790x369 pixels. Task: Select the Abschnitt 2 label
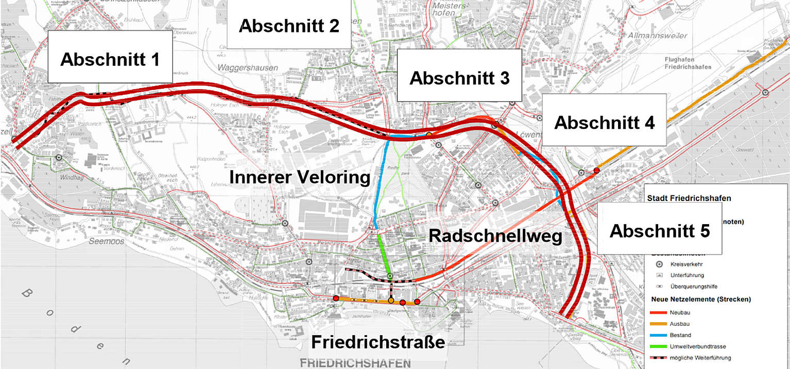[289, 25]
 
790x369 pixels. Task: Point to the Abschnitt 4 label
[604, 123]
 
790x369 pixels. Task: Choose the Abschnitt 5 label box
[659, 230]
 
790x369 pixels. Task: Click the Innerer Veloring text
[300, 178]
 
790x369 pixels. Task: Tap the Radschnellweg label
[495, 236]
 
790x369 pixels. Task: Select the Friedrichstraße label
[378, 342]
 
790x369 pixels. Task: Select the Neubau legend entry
[680, 313]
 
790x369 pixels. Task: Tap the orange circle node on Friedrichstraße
[391, 300]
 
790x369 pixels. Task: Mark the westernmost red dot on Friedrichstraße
[336, 298]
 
